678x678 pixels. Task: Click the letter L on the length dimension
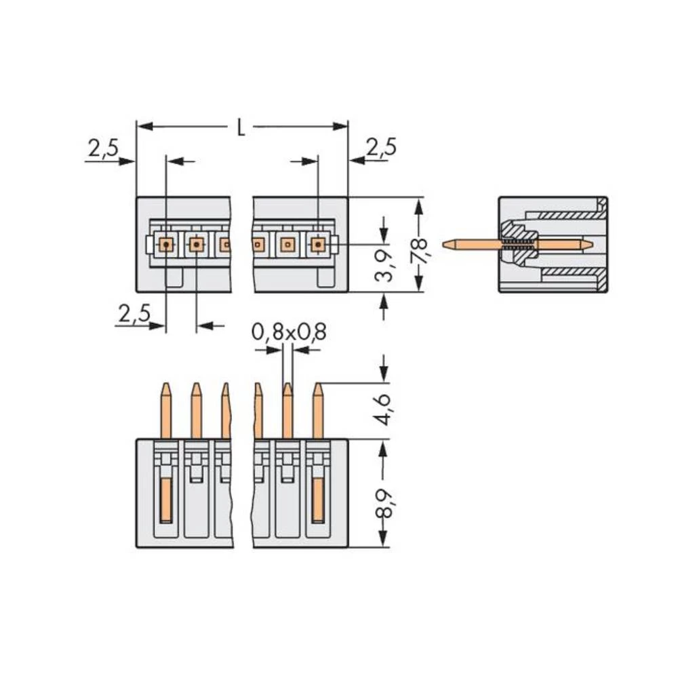coord(241,127)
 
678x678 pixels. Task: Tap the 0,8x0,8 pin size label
coord(289,332)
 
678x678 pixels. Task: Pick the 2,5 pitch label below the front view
coord(133,314)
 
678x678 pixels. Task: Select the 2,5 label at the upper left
coord(102,148)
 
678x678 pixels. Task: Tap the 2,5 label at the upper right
coord(380,147)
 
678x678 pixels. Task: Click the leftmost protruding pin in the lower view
coord(165,411)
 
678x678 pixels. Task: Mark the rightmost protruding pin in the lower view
coord(317,411)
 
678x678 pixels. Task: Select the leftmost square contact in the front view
coord(165,243)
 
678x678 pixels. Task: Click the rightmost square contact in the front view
coord(317,243)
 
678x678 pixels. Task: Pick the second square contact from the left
coord(196,243)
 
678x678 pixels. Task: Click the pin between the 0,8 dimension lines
coord(287,411)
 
